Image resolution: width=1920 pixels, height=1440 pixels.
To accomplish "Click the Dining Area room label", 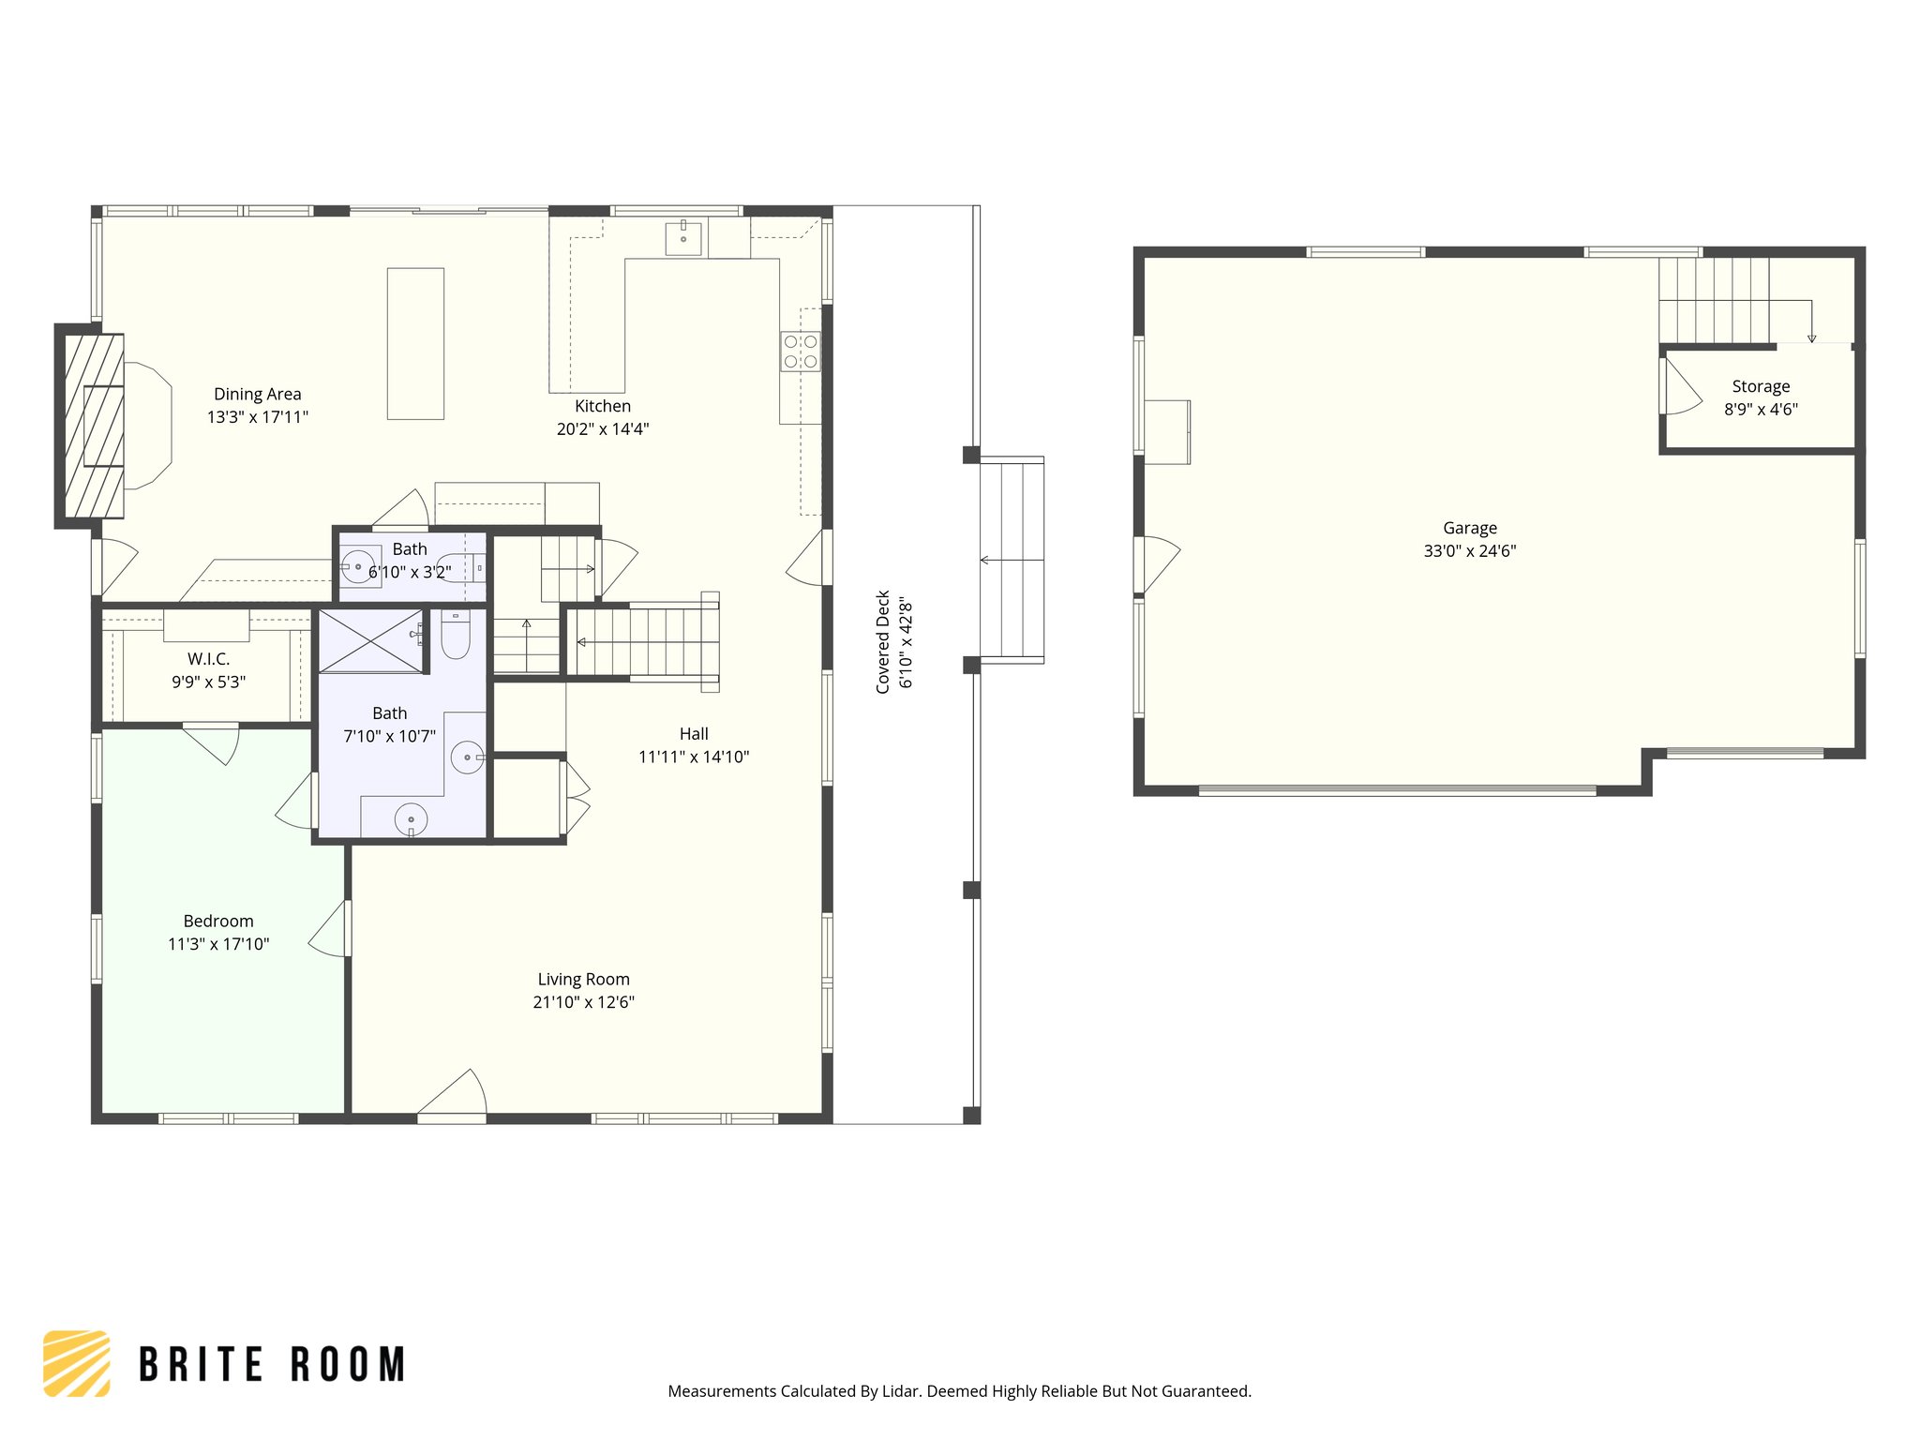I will pyautogui.click(x=257, y=394).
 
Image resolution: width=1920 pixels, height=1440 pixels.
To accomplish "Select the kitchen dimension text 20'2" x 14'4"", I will pyautogui.click(x=602, y=429).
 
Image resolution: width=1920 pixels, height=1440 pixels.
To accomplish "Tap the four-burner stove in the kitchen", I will pyautogui.click(x=801, y=352).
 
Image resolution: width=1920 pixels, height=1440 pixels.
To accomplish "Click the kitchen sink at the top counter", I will pyautogui.click(x=682, y=238).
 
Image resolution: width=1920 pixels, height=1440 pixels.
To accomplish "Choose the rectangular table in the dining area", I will pyautogui.click(x=415, y=343).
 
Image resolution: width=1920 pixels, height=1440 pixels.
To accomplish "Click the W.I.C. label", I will pyautogui.click(x=208, y=659).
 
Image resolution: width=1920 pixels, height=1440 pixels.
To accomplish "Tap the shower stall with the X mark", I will pyautogui.click(x=371, y=641).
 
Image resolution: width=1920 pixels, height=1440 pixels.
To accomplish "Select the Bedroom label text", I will pyautogui.click(x=218, y=921).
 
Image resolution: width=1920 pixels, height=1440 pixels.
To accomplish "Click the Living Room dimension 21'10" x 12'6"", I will pyautogui.click(x=583, y=1002).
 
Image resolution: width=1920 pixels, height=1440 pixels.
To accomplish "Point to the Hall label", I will pyautogui.click(x=694, y=734).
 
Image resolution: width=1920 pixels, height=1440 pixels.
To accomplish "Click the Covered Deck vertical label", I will pyautogui.click(x=883, y=642).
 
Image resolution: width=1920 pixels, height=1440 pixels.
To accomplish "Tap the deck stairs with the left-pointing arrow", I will pyautogui.click(x=1012, y=560).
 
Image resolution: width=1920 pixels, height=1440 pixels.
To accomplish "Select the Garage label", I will pyautogui.click(x=1469, y=528).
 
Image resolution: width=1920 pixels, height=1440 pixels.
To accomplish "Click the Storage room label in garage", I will pyautogui.click(x=1760, y=386).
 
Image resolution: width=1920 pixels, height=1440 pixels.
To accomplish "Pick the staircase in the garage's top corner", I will pyautogui.click(x=1714, y=301).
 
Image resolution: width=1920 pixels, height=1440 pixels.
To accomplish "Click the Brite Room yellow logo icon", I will pyautogui.click(x=77, y=1363).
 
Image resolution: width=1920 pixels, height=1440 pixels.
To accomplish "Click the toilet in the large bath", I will pyautogui.click(x=456, y=637).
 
